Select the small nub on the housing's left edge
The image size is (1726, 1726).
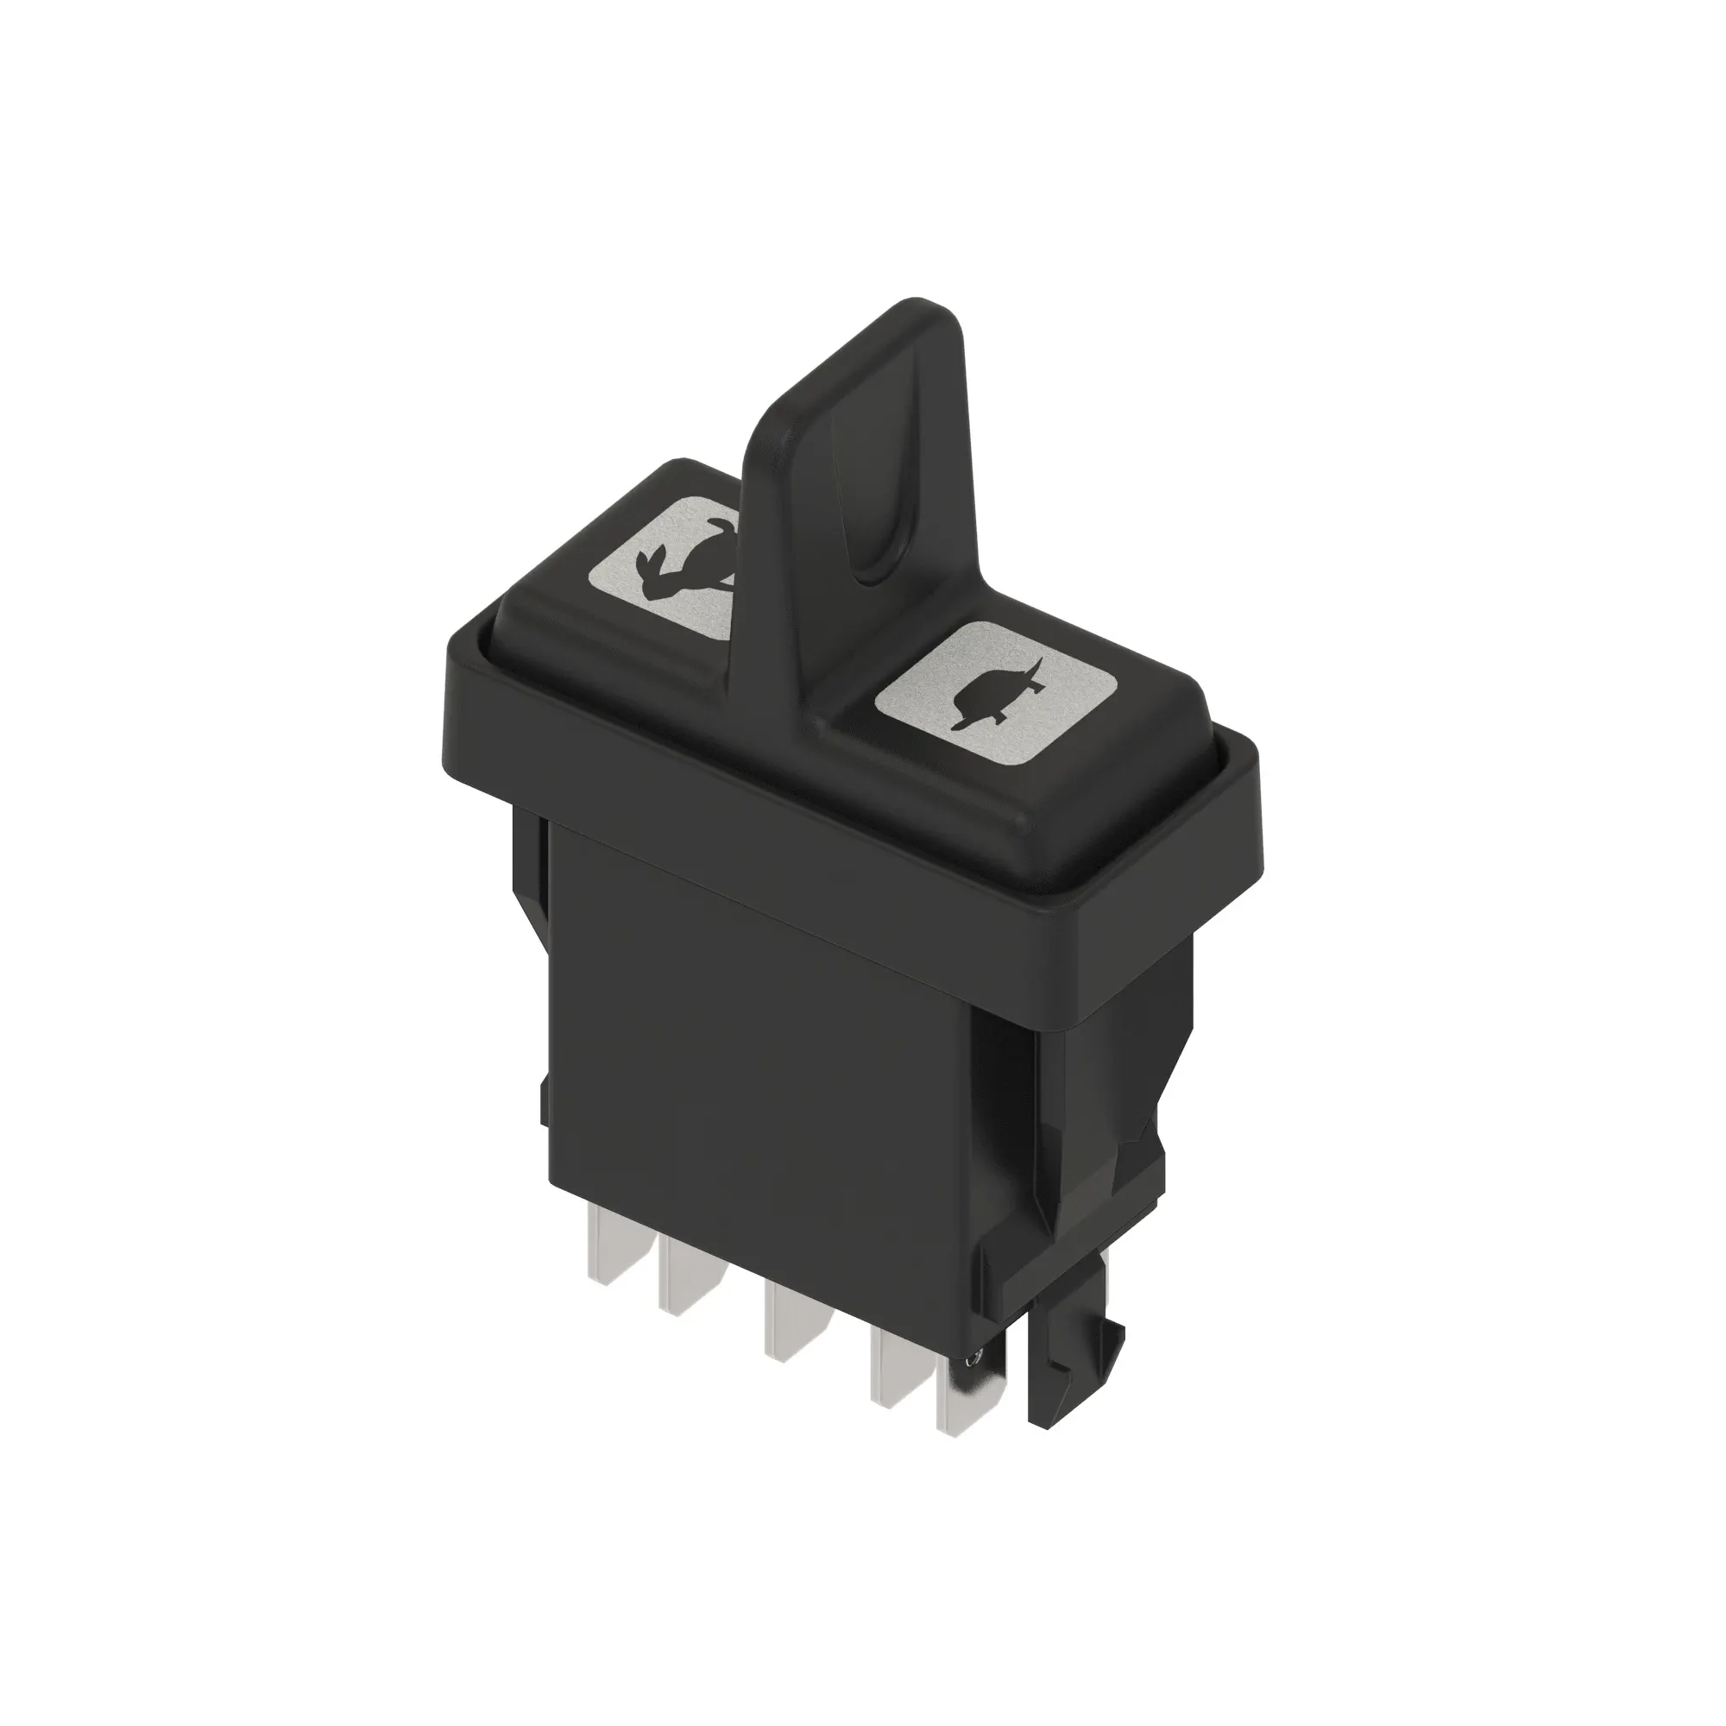[544, 1103]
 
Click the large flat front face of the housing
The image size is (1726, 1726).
[759, 1072]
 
